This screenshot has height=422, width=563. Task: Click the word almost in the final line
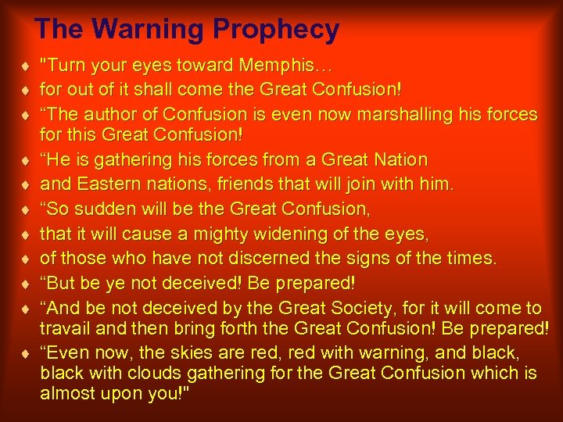[x=65, y=392]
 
